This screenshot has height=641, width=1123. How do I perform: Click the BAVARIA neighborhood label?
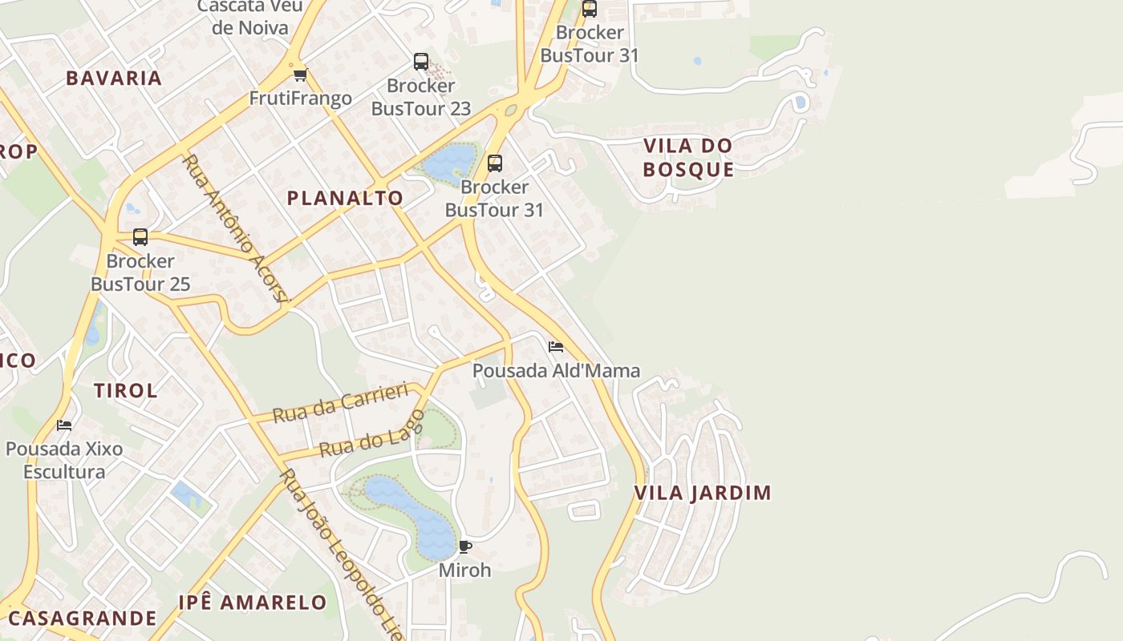click(114, 78)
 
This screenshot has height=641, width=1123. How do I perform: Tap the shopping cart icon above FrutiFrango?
click(300, 75)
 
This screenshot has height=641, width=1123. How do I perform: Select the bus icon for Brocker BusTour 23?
click(420, 62)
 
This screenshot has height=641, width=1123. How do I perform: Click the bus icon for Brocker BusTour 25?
click(140, 237)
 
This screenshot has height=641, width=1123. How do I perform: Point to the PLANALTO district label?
click(345, 198)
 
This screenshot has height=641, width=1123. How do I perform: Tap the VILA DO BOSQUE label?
click(688, 157)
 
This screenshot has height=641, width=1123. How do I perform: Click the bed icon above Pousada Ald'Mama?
click(555, 347)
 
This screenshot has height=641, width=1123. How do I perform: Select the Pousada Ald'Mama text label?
click(556, 370)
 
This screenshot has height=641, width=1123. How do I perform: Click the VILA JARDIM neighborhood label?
click(703, 493)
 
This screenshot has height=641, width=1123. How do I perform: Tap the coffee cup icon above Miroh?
click(464, 547)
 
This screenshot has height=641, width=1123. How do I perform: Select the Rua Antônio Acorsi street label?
click(234, 228)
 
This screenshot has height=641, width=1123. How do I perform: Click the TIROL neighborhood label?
click(126, 391)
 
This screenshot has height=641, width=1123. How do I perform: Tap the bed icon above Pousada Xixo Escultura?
click(64, 425)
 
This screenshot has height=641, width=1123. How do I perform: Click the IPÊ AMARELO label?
click(252, 603)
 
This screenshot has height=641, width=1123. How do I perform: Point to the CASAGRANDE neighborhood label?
click(82, 618)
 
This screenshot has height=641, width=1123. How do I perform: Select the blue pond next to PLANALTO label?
click(449, 163)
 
